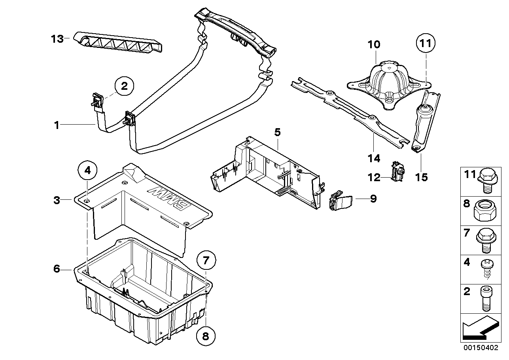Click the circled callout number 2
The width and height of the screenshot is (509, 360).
(124, 86)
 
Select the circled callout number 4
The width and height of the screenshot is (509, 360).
(88, 171)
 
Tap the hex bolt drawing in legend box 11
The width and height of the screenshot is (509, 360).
(485, 182)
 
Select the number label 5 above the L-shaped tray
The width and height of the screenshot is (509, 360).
(278, 132)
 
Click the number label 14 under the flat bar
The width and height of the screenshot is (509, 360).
(373, 158)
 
